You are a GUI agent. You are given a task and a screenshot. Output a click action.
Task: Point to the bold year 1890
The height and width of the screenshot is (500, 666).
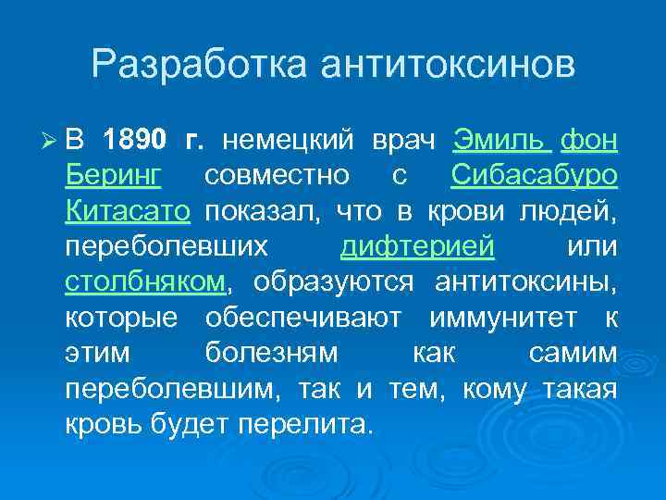pos(136,141)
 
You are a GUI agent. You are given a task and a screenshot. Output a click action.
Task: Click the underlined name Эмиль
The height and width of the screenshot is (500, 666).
pos(501,141)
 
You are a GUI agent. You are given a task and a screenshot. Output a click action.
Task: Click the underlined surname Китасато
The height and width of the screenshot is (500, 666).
pos(128,212)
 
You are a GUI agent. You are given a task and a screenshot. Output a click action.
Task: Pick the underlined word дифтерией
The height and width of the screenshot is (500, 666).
pos(417,248)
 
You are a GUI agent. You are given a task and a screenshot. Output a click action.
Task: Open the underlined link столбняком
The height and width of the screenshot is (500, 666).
pos(145,282)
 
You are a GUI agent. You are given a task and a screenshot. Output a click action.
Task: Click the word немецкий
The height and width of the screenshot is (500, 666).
pos(290,141)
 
